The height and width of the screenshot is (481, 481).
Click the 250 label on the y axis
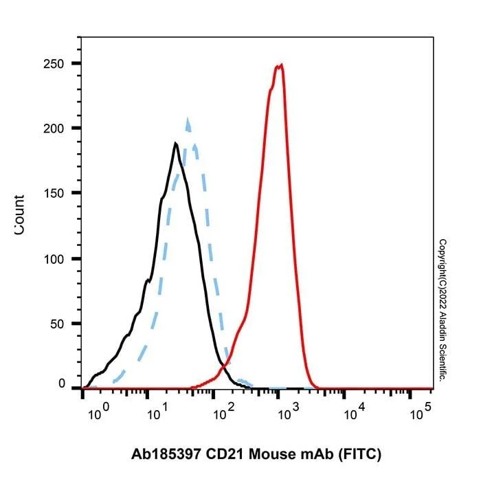point(54,64)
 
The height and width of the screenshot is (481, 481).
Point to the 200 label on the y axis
point(54,129)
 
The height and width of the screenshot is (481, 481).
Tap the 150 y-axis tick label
point(54,194)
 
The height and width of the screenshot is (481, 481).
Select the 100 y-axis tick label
point(54,259)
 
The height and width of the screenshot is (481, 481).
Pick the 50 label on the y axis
point(57,324)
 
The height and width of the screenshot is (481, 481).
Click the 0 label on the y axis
point(62,383)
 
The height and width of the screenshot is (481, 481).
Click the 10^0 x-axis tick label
point(98,412)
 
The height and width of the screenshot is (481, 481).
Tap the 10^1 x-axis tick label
point(157,412)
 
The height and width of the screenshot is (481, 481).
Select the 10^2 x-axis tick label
point(223,412)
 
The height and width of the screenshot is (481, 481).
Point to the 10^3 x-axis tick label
point(289,412)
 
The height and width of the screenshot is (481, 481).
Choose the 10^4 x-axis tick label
point(355,412)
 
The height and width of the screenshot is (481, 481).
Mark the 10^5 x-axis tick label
point(421,412)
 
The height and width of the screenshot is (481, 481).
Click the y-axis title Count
point(19,214)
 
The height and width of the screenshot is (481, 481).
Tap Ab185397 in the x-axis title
point(166,454)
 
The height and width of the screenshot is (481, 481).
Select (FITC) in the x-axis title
point(359,454)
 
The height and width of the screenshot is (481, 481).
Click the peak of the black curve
point(175,143)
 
